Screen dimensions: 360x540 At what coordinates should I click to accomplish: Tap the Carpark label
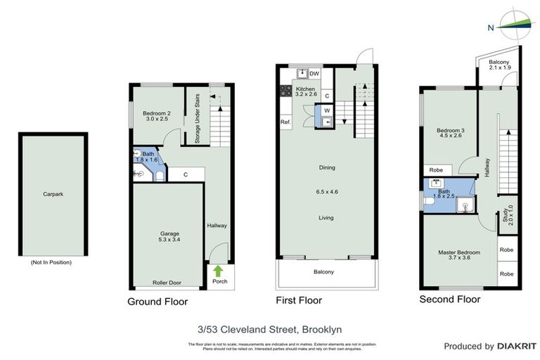tap(51, 194)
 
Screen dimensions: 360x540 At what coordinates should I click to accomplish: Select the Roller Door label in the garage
tap(167, 283)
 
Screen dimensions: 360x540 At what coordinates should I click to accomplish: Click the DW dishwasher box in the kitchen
tap(314, 73)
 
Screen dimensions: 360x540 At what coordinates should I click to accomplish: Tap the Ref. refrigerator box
tap(285, 122)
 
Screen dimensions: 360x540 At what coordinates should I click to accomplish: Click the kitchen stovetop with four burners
tap(286, 90)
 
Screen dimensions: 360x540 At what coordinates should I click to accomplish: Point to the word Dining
tap(326, 167)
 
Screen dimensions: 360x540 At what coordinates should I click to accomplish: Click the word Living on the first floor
tap(326, 218)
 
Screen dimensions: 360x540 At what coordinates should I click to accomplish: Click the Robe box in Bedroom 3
tap(436, 170)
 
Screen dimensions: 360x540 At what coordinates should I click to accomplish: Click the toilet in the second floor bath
tap(428, 202)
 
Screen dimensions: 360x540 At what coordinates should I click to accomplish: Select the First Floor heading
tap(298, 301)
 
